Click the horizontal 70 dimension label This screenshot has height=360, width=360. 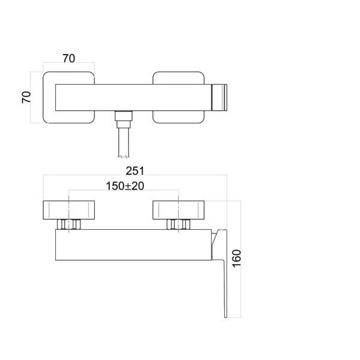coord(69,58)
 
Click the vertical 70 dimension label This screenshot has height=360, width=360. coord(26,97)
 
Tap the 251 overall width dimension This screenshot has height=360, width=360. coord(135,170)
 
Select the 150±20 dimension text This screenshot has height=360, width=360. coord(125,186)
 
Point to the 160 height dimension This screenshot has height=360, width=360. coord(237,258)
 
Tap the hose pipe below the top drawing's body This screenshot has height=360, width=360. coord(124,142)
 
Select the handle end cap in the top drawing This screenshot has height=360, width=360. coord(220,97)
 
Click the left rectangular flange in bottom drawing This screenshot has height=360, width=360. coord(69,210)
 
